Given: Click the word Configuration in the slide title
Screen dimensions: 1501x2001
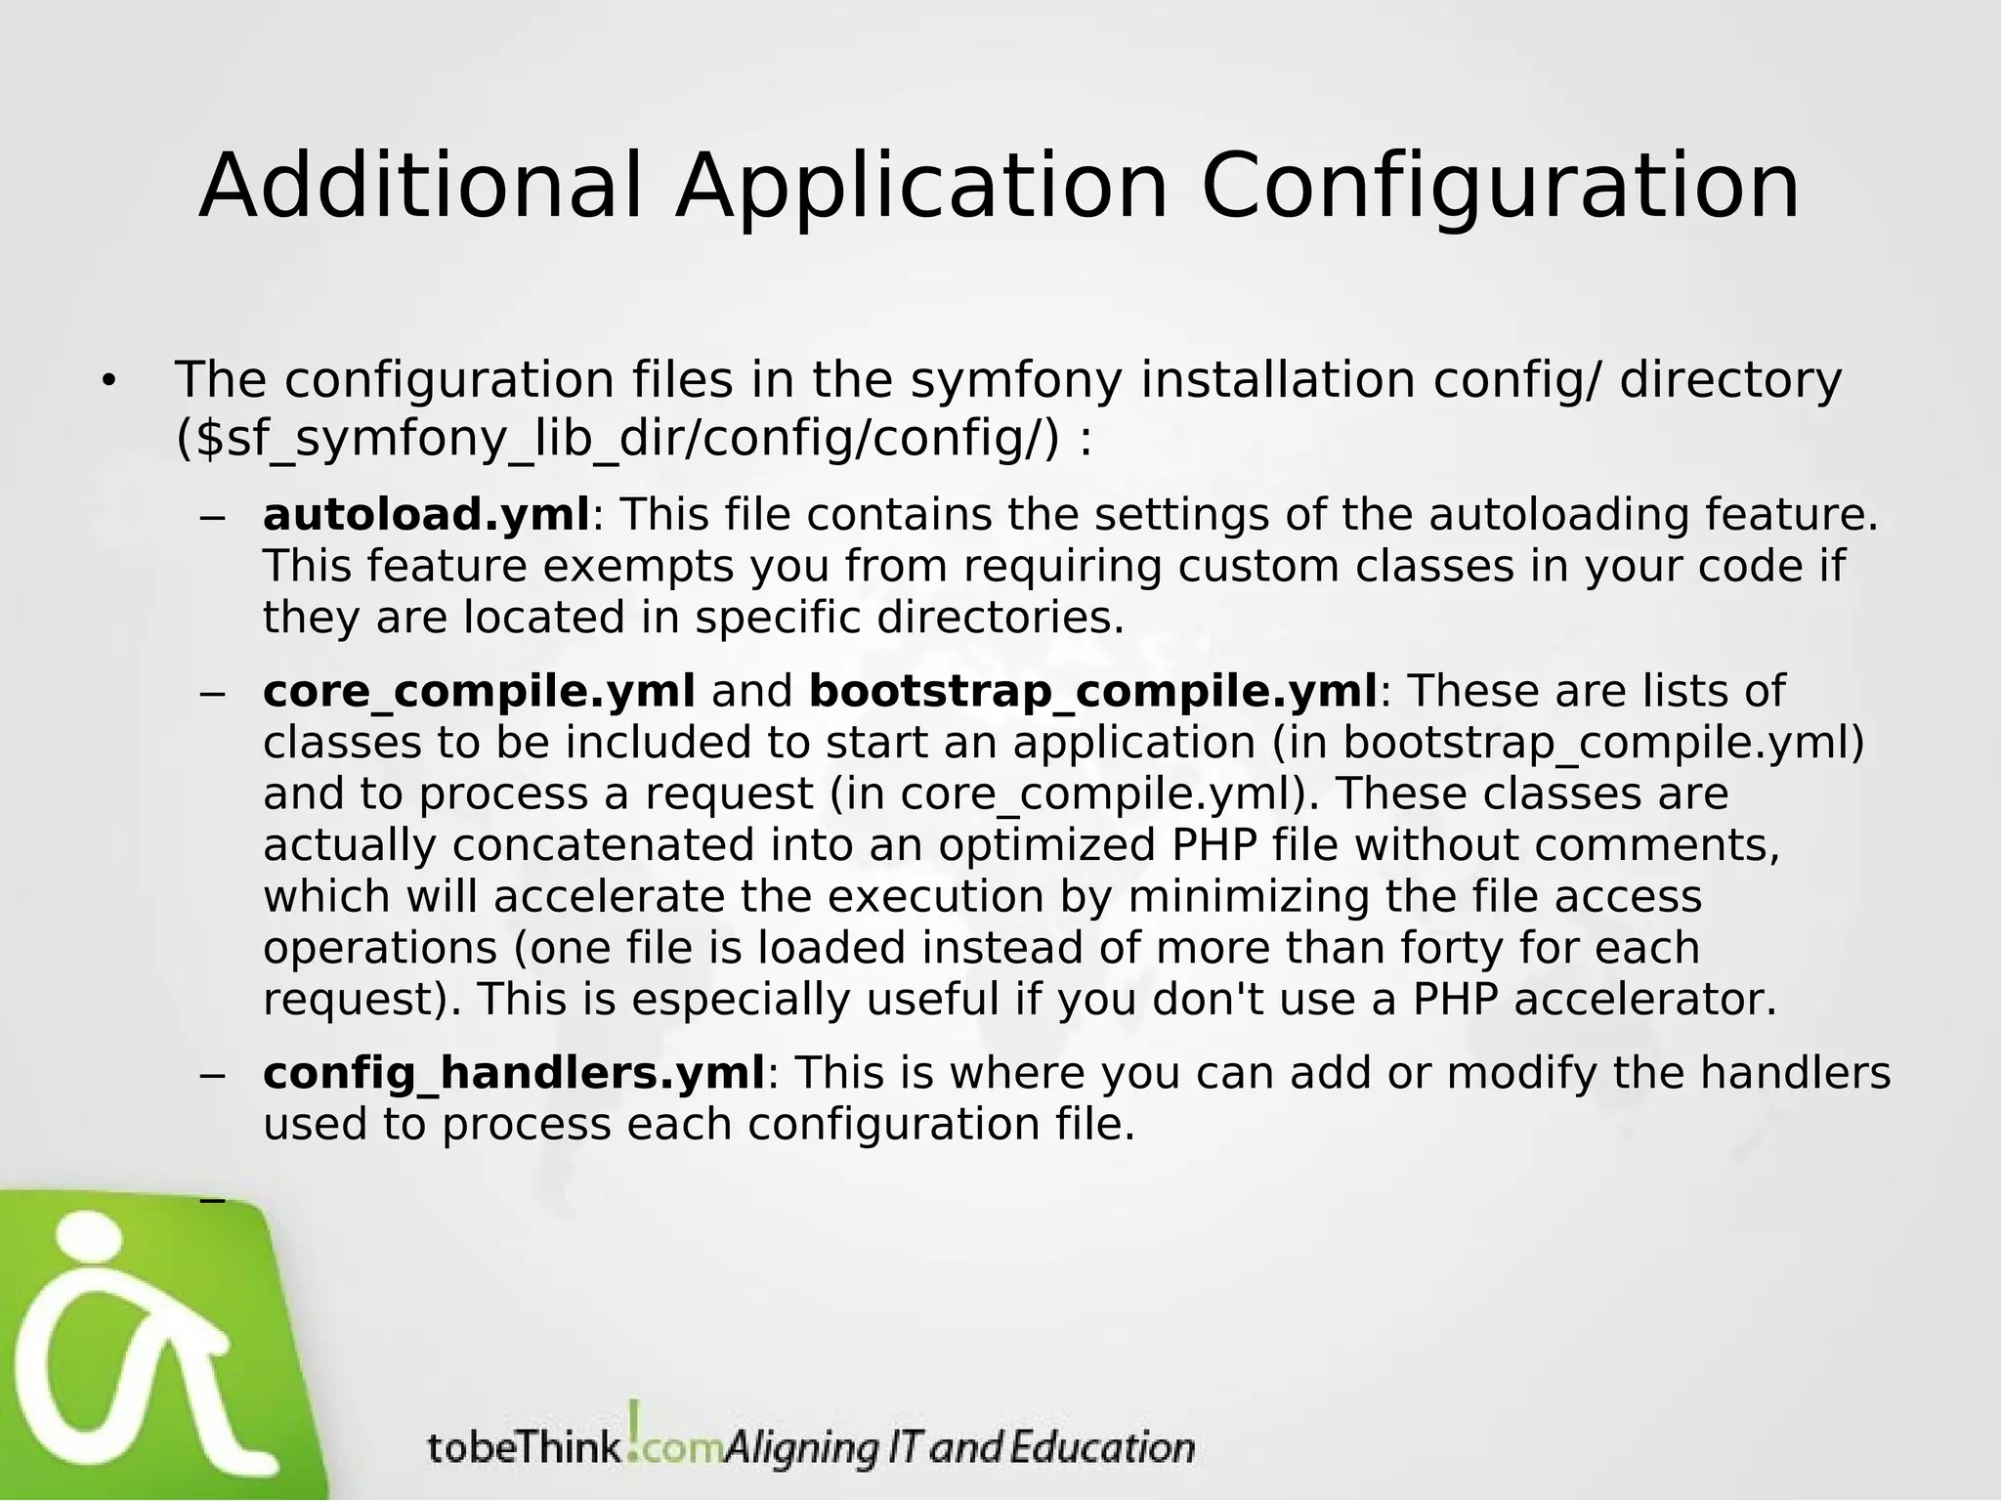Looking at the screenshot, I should (1500, 188).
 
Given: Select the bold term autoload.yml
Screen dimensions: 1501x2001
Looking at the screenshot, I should (426, 515).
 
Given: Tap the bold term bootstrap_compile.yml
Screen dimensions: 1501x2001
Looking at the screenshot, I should (1093, 691).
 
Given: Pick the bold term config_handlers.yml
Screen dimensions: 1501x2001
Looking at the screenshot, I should (514, 1073).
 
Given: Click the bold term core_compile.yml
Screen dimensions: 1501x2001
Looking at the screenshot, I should (479, 691).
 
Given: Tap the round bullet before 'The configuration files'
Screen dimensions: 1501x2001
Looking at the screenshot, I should (107, 382).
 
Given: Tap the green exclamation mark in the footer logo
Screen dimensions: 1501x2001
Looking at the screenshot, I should (634, 1428).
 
